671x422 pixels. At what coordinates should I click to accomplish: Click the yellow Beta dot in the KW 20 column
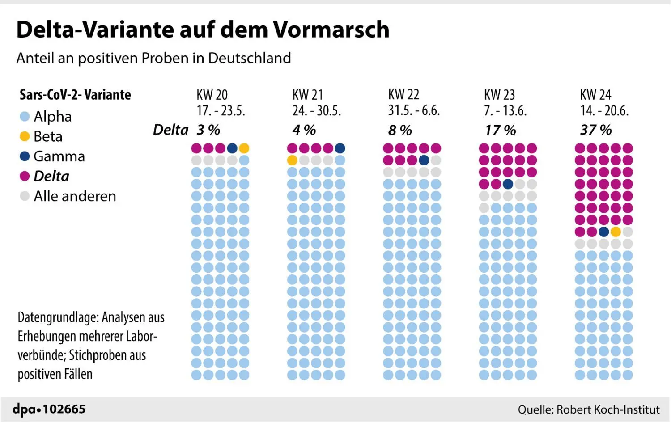(x=244, y=148)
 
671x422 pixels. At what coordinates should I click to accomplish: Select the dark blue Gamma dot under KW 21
(x=340, y=148)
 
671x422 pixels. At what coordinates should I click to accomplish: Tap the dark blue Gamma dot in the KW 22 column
(x=424, y=160)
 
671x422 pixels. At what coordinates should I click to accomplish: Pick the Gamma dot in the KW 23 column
(x=508, y=184)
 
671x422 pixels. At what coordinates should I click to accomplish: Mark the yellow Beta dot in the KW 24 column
(x=616, y=232)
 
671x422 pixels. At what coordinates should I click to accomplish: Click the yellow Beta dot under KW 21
(x=292, y=160)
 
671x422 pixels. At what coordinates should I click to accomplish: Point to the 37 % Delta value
(x=596, y=130)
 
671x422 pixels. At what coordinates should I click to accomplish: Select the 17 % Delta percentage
(x=500, y=130)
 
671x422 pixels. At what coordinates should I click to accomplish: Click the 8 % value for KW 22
(x=400, y=130)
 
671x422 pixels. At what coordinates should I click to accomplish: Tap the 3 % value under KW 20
(x=208, y=130)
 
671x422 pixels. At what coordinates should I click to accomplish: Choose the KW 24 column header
(x=595, y=95)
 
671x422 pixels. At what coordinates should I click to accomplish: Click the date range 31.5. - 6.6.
(x=414, y=111)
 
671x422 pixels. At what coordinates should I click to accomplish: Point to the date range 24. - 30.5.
(x=317, y=111)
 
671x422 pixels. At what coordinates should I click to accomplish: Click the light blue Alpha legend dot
(x=25, y=116)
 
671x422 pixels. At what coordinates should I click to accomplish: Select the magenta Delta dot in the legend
(x=25, y=176)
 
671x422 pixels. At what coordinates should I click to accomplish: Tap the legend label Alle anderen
(x=75, y=196)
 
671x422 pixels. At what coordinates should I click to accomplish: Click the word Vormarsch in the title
(x=331, y=30)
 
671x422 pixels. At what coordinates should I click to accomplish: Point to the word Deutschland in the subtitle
(x=250, y=58)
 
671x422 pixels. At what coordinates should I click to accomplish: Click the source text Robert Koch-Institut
(x=608, y=409)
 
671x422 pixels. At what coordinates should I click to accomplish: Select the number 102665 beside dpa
(x=64, y=409)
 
